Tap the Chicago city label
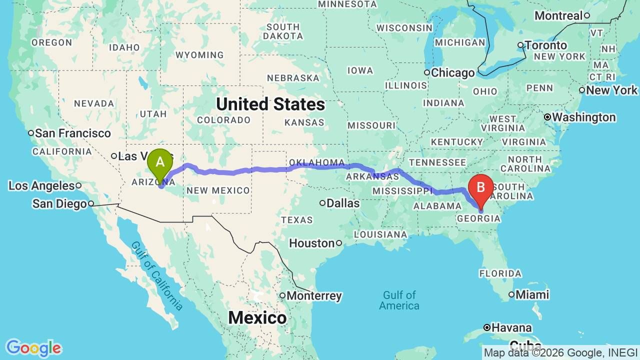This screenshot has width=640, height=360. pyautogui.click(x=452, y=73)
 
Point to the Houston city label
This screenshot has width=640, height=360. pyautogui.click(x=312, y=243)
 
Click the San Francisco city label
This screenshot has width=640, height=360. pyautogui.click(x=73, y=133)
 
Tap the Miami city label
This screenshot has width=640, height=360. pyautogui.click(x=532, y=294)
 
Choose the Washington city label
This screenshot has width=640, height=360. pyautogui.click(x=583, y=117)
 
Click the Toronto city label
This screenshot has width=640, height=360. pyautogui.click(x=545, y=45)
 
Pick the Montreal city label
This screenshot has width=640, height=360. pyautogui.click(x=558, y=15)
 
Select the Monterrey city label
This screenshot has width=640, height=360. pyautogui.click(x=314, y=296)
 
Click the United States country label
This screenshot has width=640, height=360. pyautogui.click(x=270, y=104)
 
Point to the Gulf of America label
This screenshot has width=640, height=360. pyautogui.click(x=399, y=300)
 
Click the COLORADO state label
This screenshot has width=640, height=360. pyautogui.click(x=223, y=120)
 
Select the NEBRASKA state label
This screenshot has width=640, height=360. pyautogui.click(x=293, y=78)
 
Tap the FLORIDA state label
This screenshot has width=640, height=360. pyautogui.click(x=500, y=273)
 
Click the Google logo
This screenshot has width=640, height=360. pyautogui.click(x=33, y=348)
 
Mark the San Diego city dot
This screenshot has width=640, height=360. pyautogui.click(x=91, y=203)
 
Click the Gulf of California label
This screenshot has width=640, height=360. pyautogui.click(x=157, y=275)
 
